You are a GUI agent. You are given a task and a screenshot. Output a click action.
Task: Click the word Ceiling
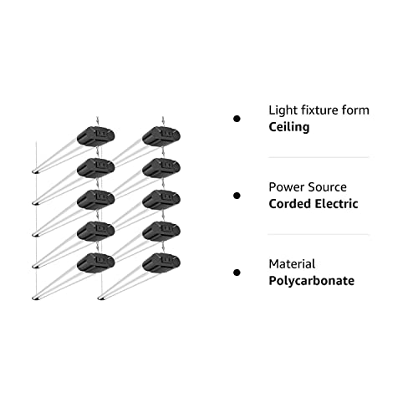click(x=289, y=127)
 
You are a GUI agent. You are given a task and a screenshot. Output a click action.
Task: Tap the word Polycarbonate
click(x=312, y=281)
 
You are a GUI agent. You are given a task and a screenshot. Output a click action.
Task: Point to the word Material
click(x=292, y=264)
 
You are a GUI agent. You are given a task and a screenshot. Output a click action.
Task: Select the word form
click(x=355, y=110)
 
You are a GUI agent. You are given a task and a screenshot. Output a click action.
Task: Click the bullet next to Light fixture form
click(x=237, y=119)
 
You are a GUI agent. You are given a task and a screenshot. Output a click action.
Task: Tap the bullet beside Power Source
click(x=237, y=196)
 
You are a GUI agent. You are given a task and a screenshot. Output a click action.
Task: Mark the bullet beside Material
click(x=237, y=273)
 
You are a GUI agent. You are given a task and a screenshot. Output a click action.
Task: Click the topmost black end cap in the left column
click(x=95, y=136)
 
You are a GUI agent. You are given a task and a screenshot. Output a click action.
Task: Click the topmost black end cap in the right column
click(x=161, y=136)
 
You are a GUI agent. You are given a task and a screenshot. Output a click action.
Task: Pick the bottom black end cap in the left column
click(x=95, y=263)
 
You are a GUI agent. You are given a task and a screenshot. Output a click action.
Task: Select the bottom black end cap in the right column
click(x=161, y=263)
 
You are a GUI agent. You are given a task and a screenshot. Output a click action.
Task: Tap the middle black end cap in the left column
click(x=95, y=200)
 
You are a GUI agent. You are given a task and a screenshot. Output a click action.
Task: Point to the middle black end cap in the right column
click(x=161, y=200)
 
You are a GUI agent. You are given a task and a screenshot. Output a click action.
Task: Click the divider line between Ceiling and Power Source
click(x=319, y=157)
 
